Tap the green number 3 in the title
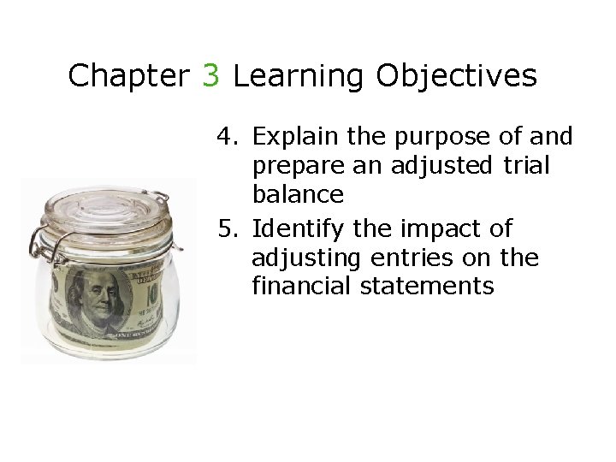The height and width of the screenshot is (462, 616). point(211,76)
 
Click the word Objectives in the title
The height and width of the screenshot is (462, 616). point(456,76)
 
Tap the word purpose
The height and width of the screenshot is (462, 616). point(437,137)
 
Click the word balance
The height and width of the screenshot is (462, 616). point(298,195)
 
